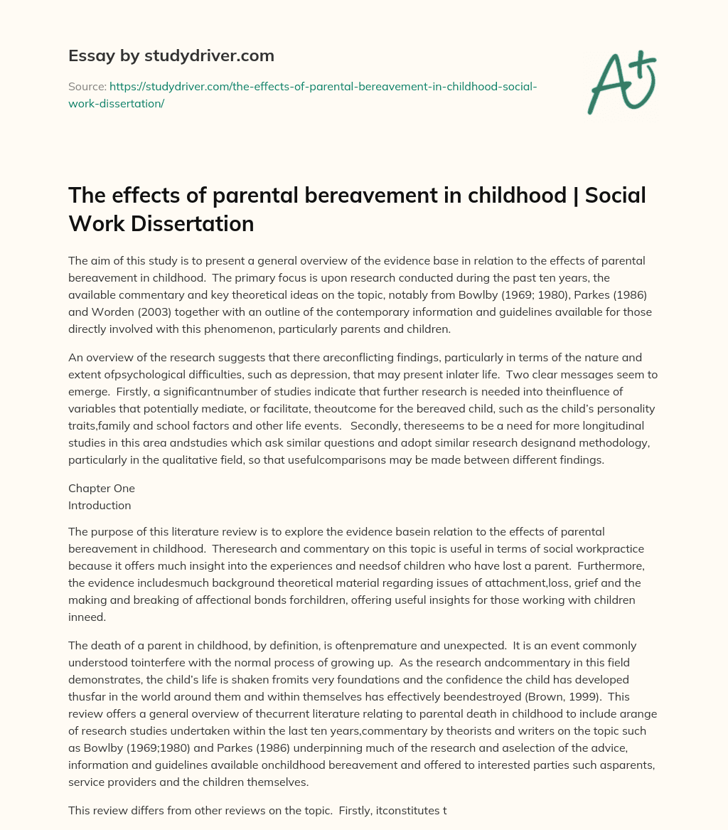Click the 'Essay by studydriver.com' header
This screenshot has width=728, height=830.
point(171,55)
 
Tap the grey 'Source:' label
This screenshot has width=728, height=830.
point(87,86)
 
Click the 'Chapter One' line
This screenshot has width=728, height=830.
point(102,488)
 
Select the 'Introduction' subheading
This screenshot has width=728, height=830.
point(100,505)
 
